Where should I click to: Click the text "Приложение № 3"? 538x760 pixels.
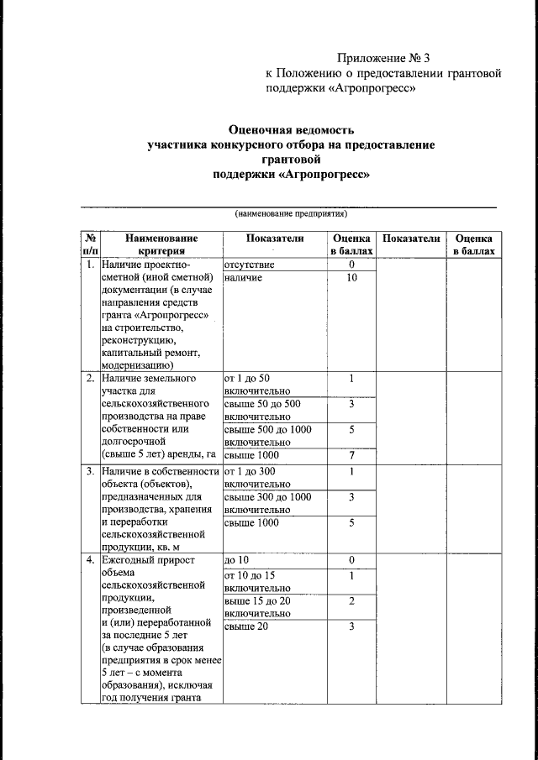pos(382,58)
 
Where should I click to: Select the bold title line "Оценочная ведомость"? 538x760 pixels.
pos(291,130)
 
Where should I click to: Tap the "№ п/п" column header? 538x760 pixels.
pos(89,244)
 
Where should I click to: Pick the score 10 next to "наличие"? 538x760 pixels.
pos(351,278)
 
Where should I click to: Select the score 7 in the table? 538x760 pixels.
pos(351,455)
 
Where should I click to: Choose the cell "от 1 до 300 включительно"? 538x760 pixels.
pos(256,477)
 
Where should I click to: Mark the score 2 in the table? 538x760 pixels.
pos(351,601)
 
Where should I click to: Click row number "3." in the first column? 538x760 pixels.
pos(89,471)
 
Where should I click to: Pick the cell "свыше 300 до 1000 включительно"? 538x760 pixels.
pos(267,503)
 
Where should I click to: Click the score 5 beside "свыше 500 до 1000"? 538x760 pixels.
pos(351,430)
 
